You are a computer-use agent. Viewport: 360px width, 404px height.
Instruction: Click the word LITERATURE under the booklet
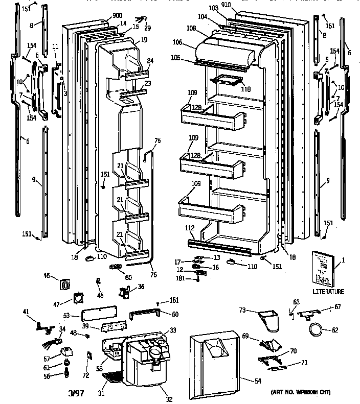(x=328, y=292)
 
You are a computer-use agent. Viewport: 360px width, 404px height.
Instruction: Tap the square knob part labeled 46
(x=65, y=284)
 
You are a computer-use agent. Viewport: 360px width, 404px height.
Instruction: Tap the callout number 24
(x=150, y=61)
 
